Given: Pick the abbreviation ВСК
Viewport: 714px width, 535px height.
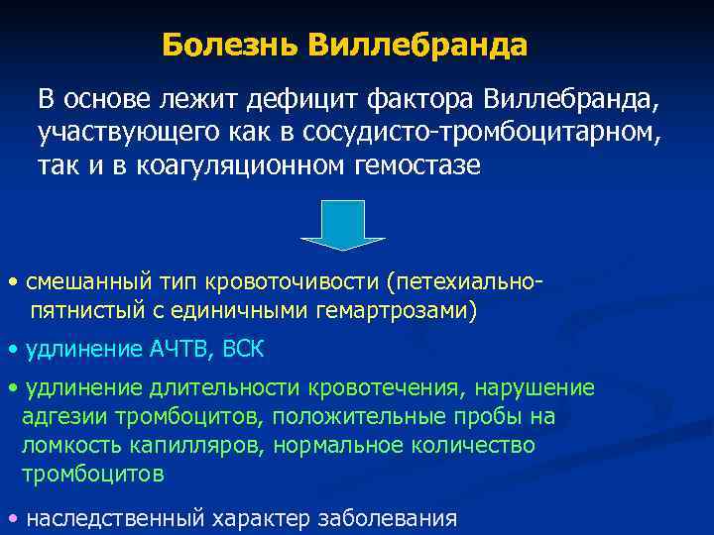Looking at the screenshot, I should [244, 350].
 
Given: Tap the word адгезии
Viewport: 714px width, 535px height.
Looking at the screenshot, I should [57, 416].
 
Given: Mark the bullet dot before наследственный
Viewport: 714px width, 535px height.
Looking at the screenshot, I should [11, 517].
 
